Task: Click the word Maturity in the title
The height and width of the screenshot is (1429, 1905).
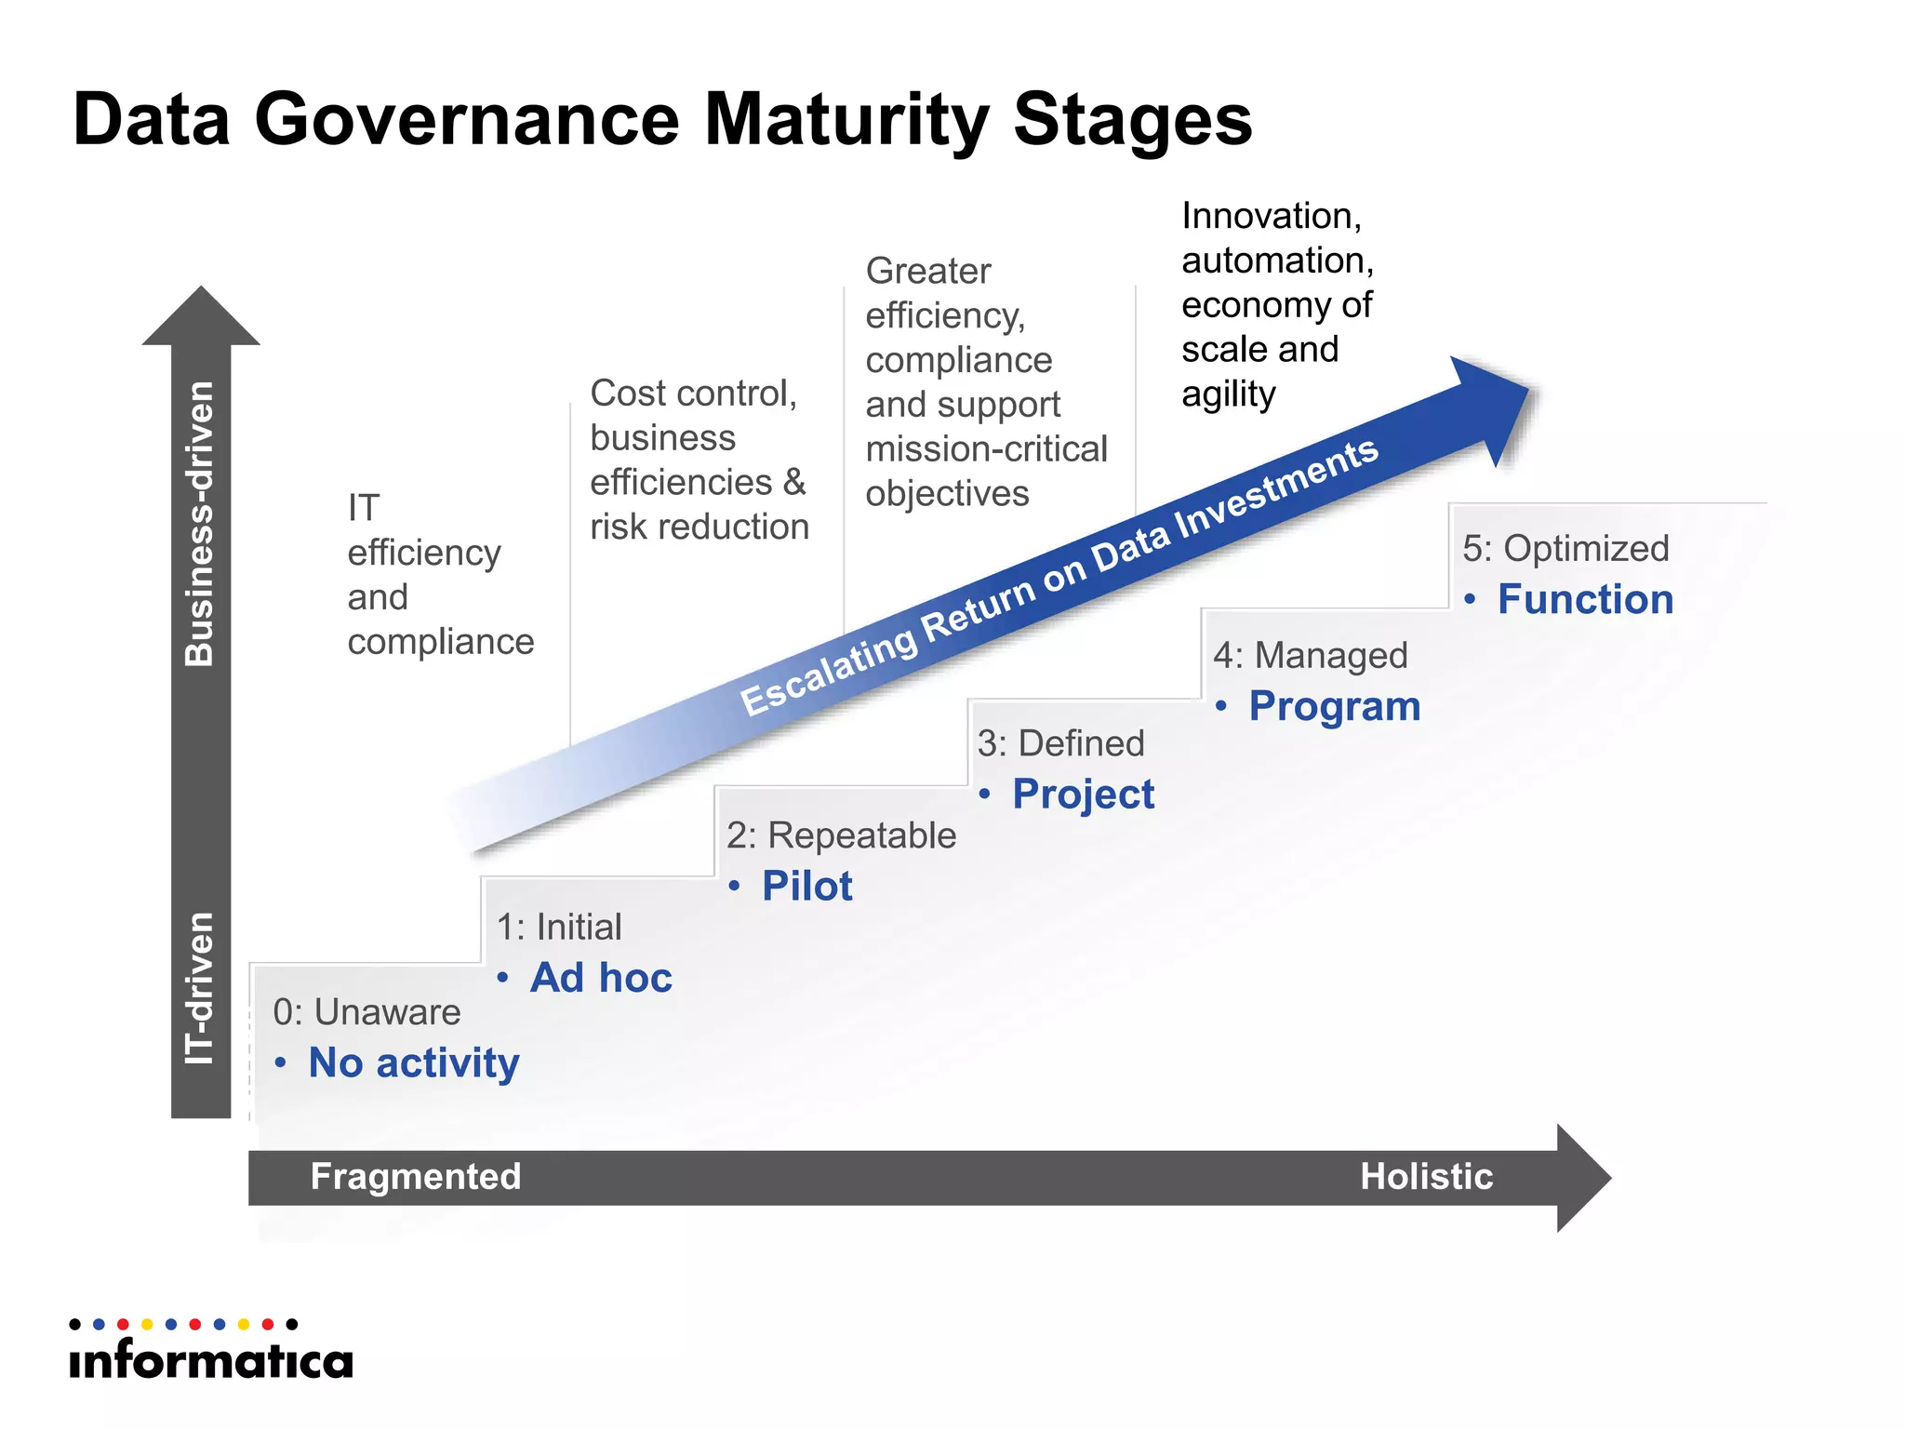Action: (x=846, y=121)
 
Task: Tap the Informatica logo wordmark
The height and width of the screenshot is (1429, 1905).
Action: (x=211, y=1360)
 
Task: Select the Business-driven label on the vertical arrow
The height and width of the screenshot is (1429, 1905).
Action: (x=200, y=523)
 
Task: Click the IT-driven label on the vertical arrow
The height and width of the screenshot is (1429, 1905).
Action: (x=200, y=988)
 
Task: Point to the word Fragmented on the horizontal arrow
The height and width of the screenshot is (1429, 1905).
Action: (x=415, y=1177)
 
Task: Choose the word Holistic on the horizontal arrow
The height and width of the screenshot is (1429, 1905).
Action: (x=1426, y=1177)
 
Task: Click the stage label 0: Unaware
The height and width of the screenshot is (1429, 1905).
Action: (x=366, y=1012)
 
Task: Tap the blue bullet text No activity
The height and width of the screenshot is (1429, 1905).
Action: (x=413, y=1062)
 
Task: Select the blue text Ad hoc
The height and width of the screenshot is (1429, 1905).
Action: (x=601, y=978)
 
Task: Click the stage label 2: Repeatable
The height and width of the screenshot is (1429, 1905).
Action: (x=841, y=835)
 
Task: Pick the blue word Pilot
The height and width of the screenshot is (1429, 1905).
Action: (x=806, y=886)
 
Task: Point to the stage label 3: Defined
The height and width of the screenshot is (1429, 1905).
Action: (x=1060, y=743)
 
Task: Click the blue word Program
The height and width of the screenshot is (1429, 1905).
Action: (x=1334, y=706)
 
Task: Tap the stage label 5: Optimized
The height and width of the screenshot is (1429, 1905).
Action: (x=1565, y=549)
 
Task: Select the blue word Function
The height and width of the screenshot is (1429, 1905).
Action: (x=1585, y=599)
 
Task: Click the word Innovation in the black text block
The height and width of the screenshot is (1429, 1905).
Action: (x=1271, y=216)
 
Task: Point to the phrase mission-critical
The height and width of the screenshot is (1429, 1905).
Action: (x=986, y=449)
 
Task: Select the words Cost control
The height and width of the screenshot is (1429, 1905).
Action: (x=693, y=394)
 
